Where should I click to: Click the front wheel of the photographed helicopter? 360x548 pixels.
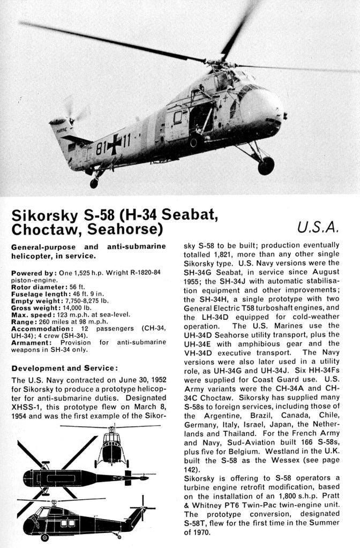266,166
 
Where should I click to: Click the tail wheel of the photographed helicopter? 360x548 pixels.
94,183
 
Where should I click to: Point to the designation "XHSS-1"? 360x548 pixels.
26,407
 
